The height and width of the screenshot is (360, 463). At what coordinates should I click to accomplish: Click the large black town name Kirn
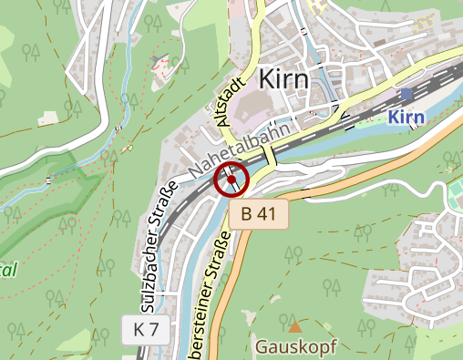283,79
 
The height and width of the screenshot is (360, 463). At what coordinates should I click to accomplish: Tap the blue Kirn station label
406,117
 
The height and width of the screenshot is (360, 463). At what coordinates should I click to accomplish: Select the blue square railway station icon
406,94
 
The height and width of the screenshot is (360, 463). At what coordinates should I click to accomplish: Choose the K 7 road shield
146,330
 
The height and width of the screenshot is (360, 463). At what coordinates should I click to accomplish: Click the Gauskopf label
296,347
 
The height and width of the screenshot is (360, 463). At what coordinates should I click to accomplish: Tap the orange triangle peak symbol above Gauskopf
294,325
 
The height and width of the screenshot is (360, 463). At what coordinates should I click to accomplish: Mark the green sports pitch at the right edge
455,195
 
